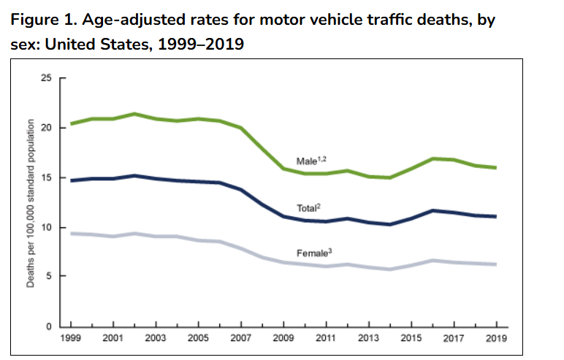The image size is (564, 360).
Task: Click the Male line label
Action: click(x=310, y=161)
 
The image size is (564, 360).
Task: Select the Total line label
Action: click(x=308, y=208)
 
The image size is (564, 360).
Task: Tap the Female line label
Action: click(x=313, y=253)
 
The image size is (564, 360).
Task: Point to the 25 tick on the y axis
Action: click(x=49, y=78)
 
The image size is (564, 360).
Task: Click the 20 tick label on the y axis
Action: click(x=49, y=128)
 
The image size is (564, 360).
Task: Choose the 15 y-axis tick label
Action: click(x=49, y=177)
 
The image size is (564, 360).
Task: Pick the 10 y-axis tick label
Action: click(x=49, y=227)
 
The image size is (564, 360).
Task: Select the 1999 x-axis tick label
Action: click(x=69, y=338)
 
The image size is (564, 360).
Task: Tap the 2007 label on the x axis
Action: click(x=240, y=338)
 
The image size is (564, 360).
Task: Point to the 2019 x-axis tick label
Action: click(x=497, y=338)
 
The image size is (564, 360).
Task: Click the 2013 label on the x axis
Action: click(x=368, y=338)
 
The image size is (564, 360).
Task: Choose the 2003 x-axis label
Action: click(x=155, y=338)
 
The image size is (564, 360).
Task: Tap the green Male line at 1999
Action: click(x=70, y=124)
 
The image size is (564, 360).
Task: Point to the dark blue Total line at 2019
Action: click(x=497, y=216)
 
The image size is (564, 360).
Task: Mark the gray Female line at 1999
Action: click(x=70, y=233)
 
